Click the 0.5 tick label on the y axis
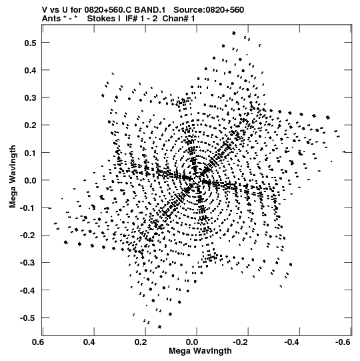31,43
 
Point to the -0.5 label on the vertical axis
28,318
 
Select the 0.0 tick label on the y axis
31,180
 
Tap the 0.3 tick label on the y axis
31,98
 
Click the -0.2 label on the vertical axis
28,236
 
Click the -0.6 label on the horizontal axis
343,342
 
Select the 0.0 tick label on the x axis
197,342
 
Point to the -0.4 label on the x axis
292,342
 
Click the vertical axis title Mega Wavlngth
13,177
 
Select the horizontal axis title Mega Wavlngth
200,351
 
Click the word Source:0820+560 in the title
209,10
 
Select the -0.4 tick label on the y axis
28,290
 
